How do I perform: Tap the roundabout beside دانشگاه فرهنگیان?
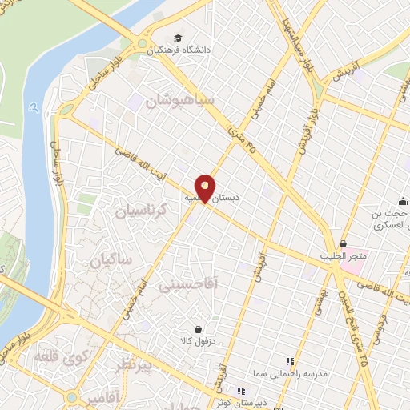point(143,44)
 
